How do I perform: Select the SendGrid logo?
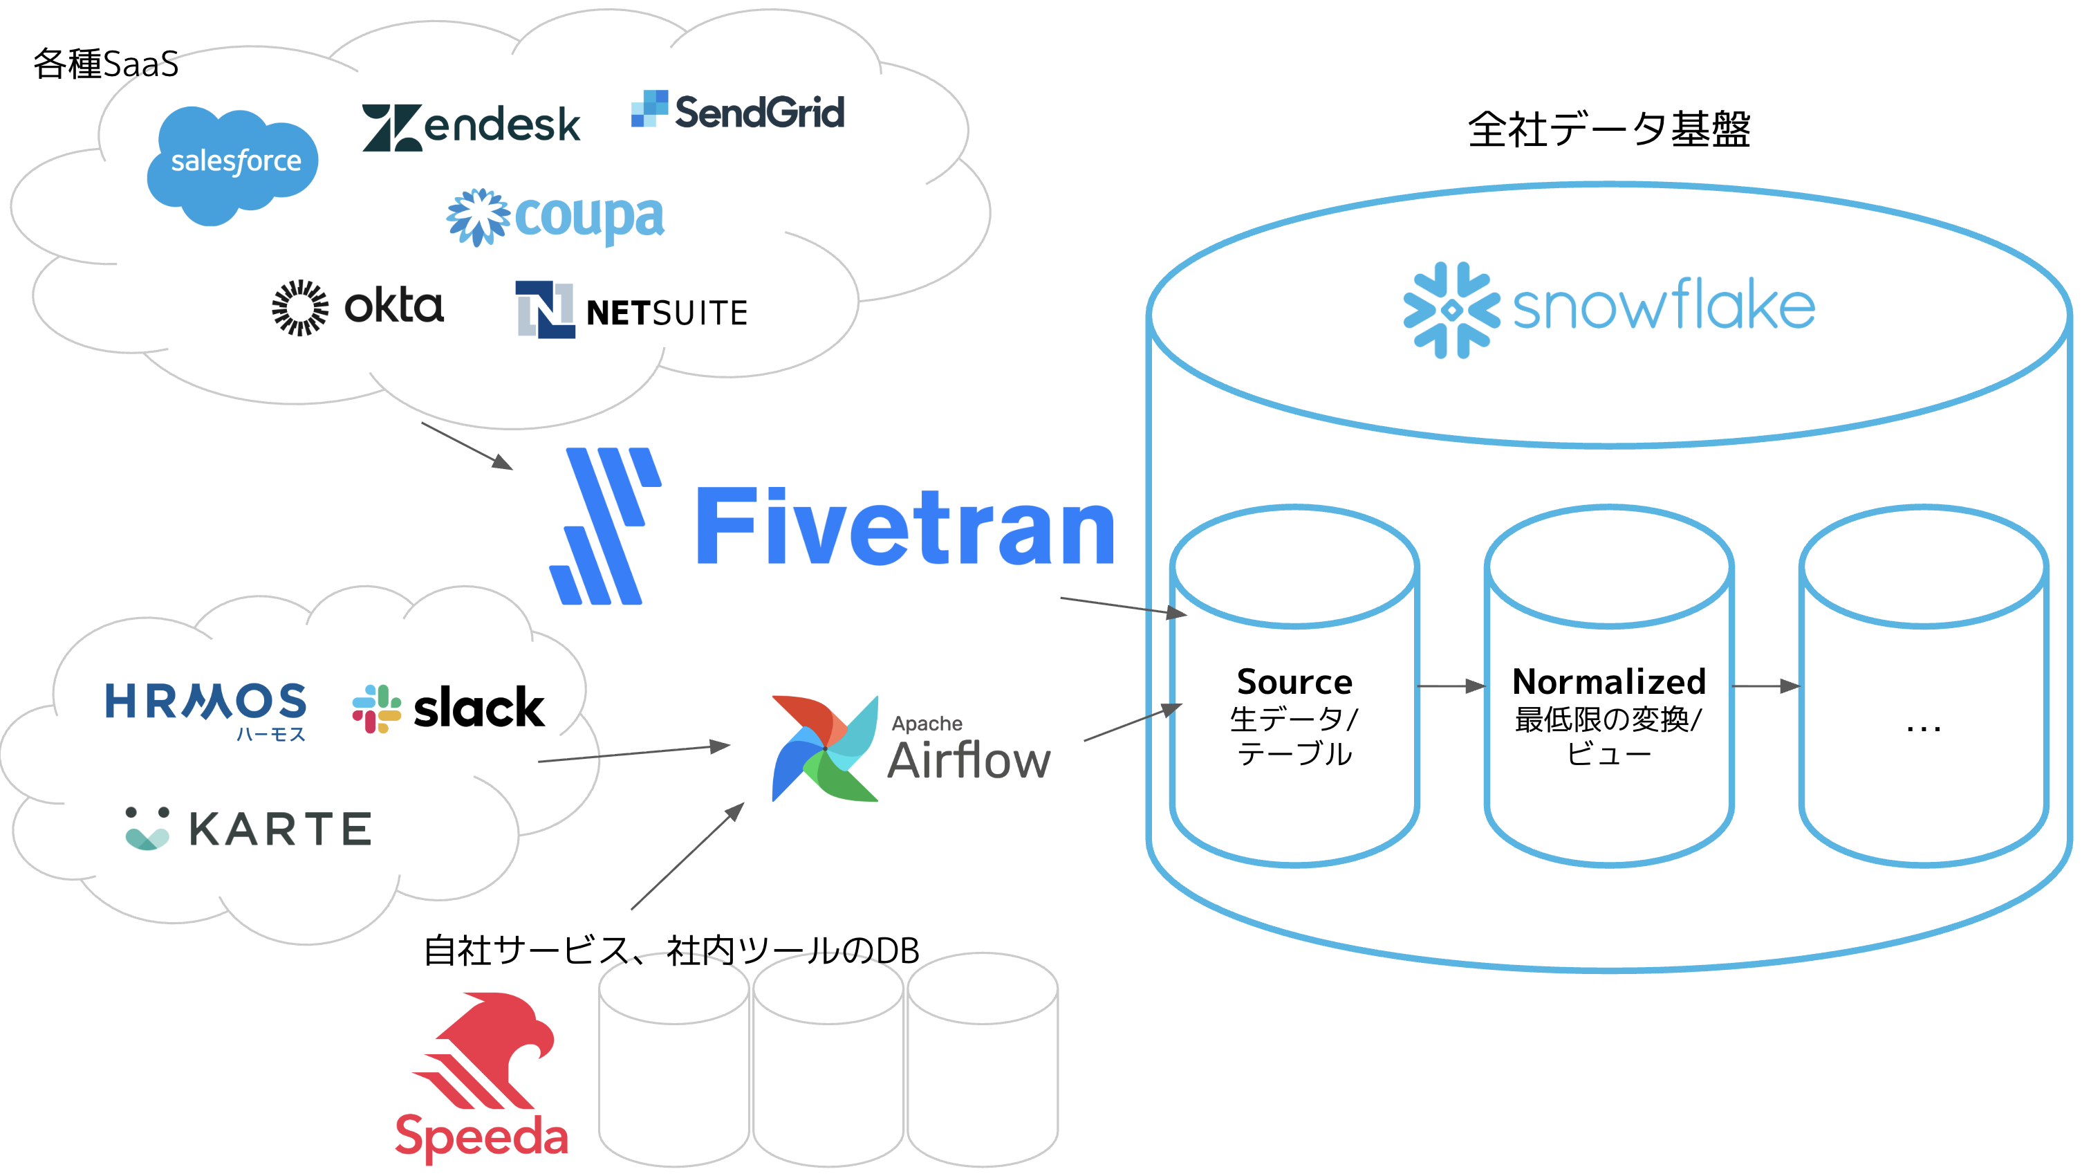pyautogui.click(x=738, y=111)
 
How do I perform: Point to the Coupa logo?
pyautogui.click(x=556, y=217)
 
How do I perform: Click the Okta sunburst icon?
pyautogui.click(x=300, y=308)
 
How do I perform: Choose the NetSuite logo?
pyautogui.click(x=631, y=310)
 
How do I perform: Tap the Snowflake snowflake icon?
pyautogui.click(x=1451, y=309)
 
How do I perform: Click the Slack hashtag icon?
pyautogui.click(x=377, y=708)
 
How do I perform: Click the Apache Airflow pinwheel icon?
pyautogui.click(x=825, y=748)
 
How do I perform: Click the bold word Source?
pyautogui.click(x=1294, y=681)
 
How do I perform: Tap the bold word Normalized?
pyautogui.click(x=1609, y=681)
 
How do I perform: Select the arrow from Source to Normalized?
pyautogui.click(x=1451, y=686)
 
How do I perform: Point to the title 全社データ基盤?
pyautogui.click(x=1609, y=130)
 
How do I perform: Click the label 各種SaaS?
pyautogui.click(x=106, y=64)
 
